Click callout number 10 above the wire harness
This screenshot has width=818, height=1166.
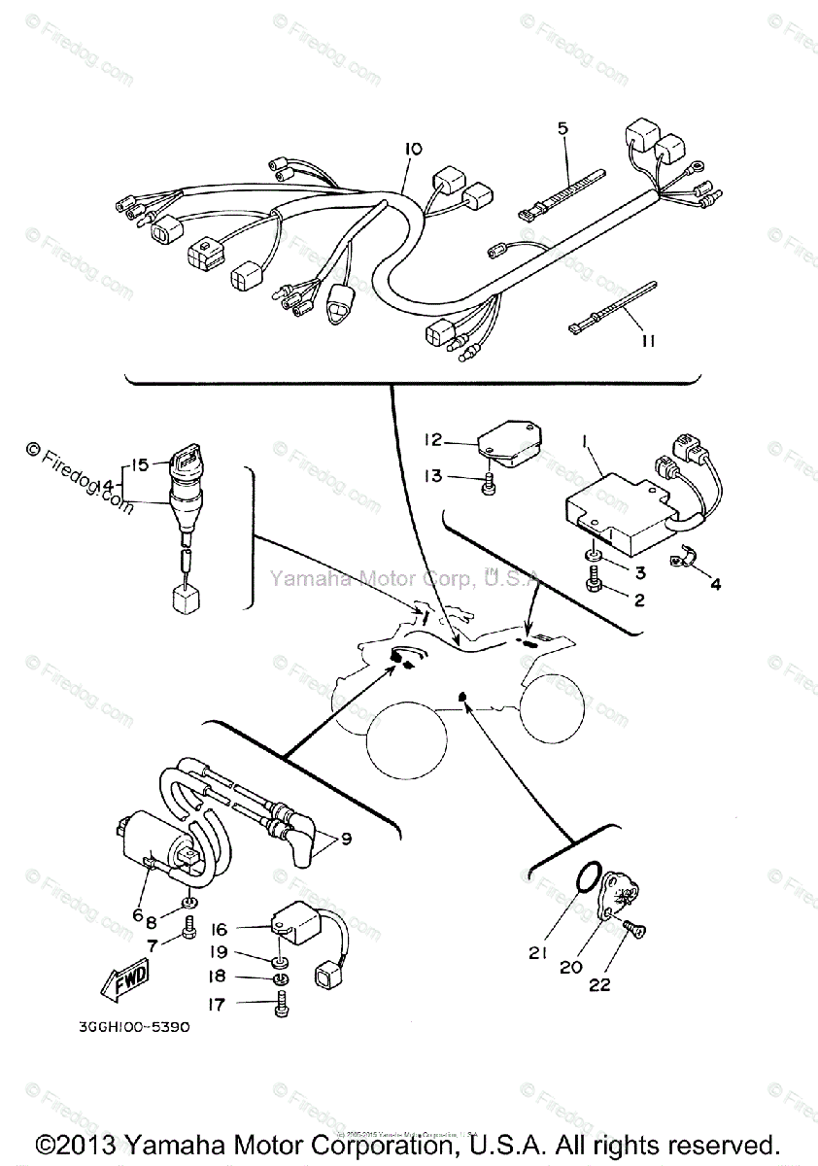(x=413, y=149)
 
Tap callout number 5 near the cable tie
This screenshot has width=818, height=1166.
(x=562, y=127)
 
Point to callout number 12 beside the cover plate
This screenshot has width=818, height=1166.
(x=431, y=441)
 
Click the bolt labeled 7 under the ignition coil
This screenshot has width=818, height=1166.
(x=189, y=935)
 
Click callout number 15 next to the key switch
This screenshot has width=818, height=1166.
(x=142, y=465)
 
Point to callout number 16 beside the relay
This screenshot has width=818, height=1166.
(x=219, y=930)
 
